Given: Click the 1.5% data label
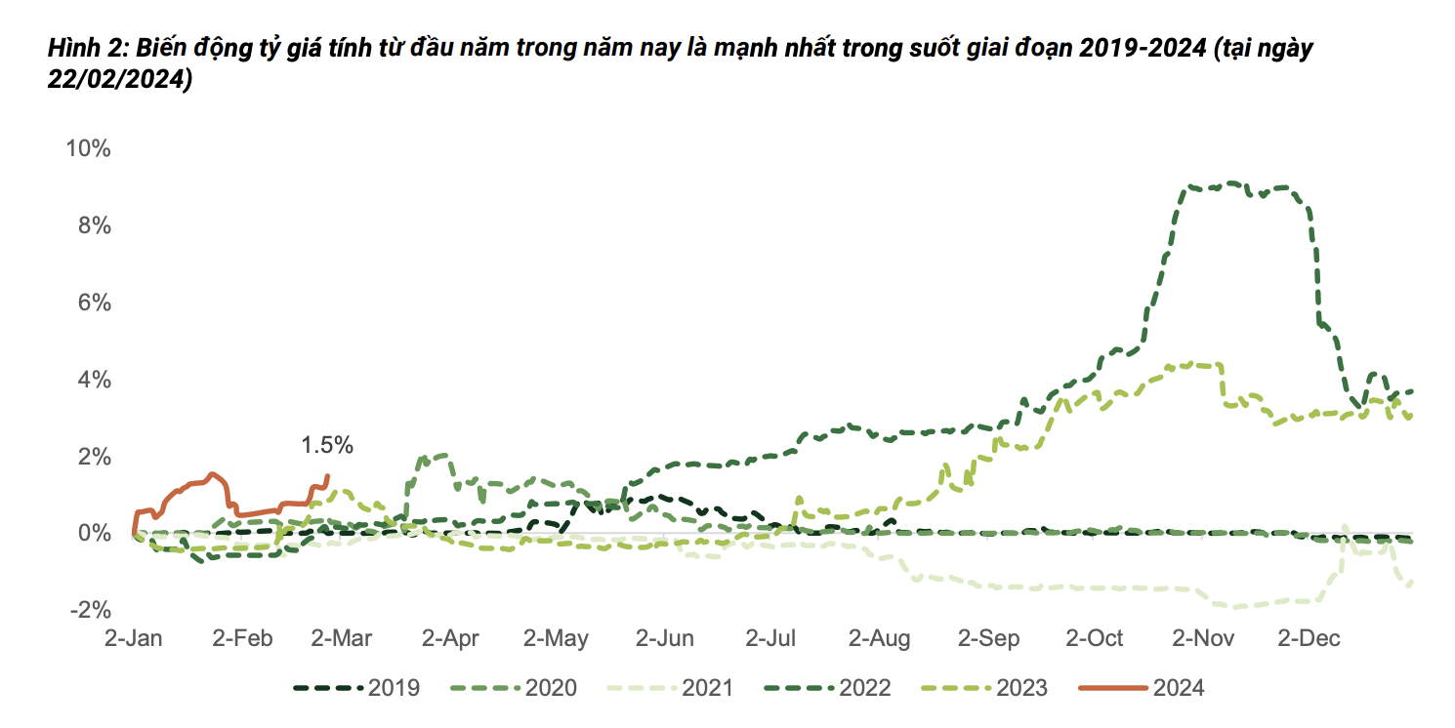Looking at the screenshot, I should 327,445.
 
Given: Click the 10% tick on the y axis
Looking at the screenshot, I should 88,149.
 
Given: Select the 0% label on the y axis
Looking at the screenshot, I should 95,533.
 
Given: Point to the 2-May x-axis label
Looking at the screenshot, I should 556,638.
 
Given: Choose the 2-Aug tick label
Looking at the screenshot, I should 879,638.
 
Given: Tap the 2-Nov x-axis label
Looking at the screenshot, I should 1202,638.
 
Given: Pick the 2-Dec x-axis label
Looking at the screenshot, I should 1309,638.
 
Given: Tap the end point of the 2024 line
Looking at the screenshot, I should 327,476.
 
